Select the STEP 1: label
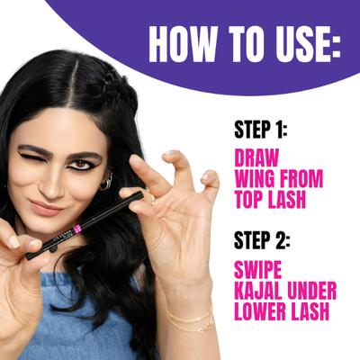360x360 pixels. click(261, 130)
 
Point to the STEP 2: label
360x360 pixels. click(262, 240)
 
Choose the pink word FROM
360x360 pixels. click(301, 179)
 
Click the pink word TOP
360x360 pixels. click(248, 200)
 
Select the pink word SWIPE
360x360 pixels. click(258, 269)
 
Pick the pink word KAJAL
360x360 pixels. click(259, 291)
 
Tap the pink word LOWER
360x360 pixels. click(259, 311)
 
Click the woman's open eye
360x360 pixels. click(80, 165)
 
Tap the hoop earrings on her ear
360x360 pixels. click(106, 182)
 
